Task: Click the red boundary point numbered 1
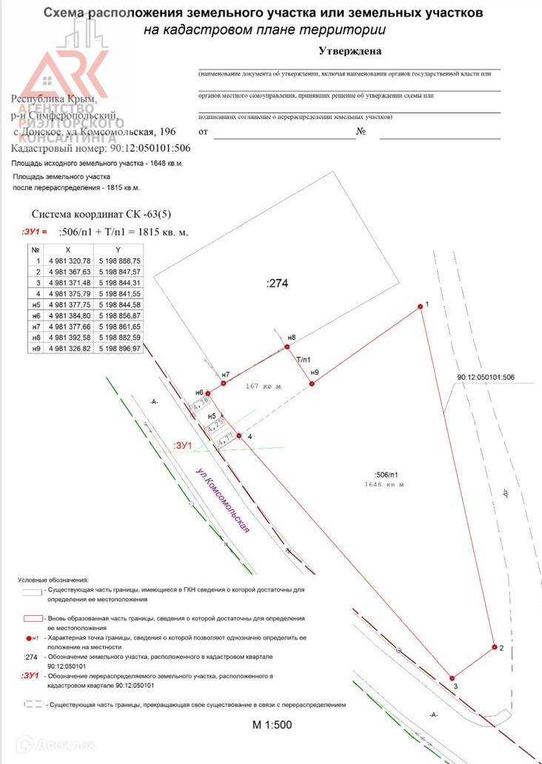click(420, 306)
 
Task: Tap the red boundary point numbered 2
click(494, 648)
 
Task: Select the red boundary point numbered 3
click(452, 677)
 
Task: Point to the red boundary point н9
click(312, 383)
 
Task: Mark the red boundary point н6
click(208, 393)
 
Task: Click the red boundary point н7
click(224, 383)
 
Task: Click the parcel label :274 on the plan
click(276, 283)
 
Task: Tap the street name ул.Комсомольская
click(224, 500)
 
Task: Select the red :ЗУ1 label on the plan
click(182, 445)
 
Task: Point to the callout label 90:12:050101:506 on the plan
click(486, 377)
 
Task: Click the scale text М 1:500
click(272, 724)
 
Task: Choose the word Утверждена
click(349, 52)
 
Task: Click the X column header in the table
click(69, 249)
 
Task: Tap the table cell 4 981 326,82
click(69, 347)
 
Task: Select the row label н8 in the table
click(35, 337)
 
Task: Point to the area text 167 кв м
click(264, 386)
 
